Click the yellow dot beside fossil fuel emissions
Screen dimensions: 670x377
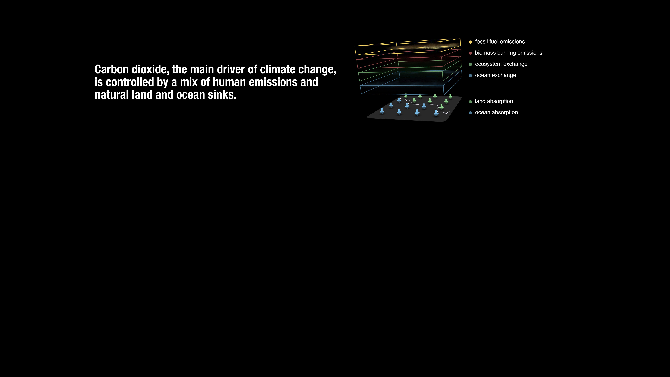[470, 42]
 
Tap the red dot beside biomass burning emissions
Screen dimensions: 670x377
[470, 53]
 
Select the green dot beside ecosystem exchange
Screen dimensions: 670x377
[470, 64]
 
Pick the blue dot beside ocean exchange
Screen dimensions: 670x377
[470, 75]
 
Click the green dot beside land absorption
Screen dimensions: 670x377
[470, 101]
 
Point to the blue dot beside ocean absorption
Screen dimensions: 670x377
[470, 113]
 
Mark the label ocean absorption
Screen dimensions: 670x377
[496, 112]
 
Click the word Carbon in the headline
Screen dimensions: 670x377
[112, 69]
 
